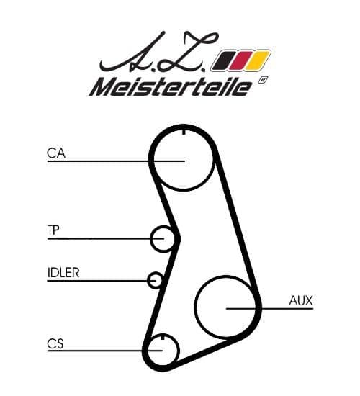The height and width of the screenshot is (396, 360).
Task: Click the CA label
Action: coord(56,153)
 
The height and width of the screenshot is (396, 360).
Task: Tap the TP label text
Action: coord(53,230)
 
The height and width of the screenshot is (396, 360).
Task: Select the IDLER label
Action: coord(63,272)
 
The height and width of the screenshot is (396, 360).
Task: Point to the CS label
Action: coord(55,344)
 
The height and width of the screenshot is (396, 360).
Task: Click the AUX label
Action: coord(301,300)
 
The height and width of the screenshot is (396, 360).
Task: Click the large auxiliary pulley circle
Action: coord(195,306)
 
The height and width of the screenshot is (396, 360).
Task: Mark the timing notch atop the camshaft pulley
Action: coord(184,131)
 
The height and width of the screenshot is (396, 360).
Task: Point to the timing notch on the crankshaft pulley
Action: coord(163,337)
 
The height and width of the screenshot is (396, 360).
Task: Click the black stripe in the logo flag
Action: coord(223,60)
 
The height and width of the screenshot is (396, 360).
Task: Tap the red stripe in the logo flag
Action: coord(240,60)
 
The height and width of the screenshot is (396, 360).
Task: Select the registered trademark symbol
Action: coord(263,81)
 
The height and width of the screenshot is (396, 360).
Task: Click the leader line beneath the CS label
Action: coord(105,351)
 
